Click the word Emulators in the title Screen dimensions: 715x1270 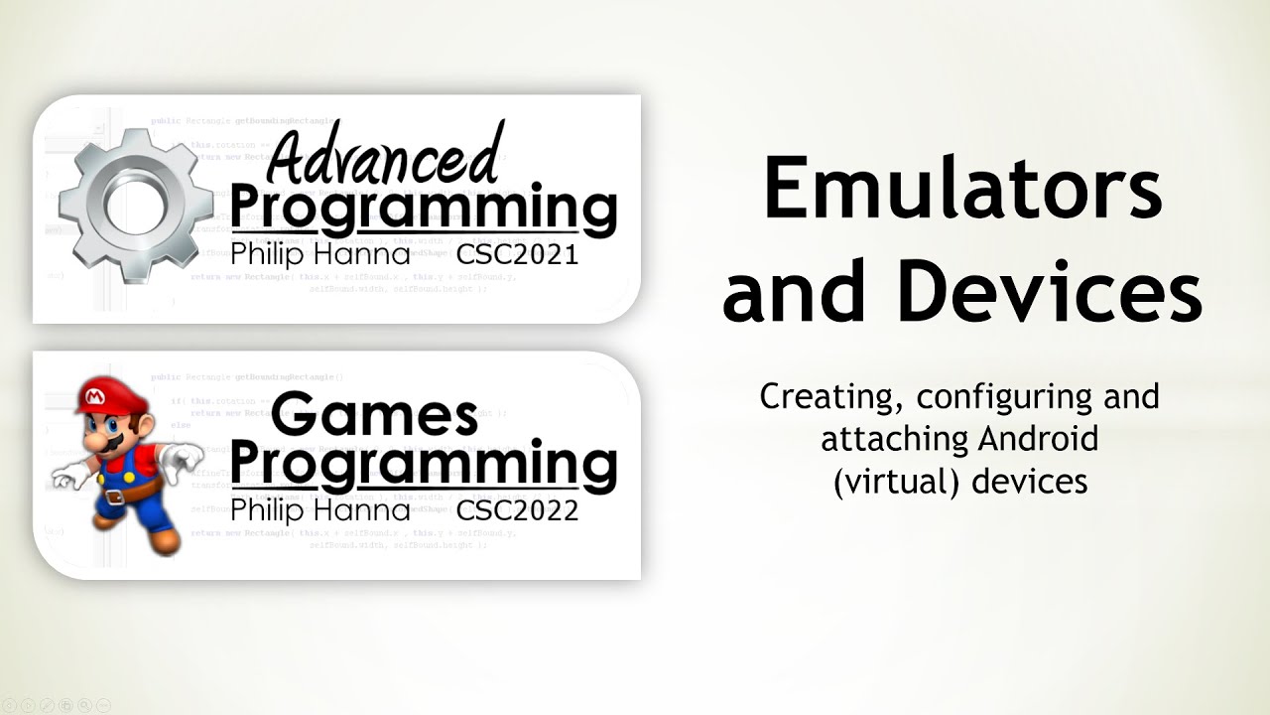click(x=961, y=192)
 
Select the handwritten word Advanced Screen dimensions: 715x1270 click(x=382, y=159)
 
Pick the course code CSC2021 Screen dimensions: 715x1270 click(x=517, y=255)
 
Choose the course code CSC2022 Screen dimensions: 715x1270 click(x=517, y=511)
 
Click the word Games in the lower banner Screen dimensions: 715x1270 click(x=374, y=415)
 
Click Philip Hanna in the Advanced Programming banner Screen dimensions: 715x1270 click(x=319, y=255)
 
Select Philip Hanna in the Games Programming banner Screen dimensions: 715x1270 click(x=319, y=511)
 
